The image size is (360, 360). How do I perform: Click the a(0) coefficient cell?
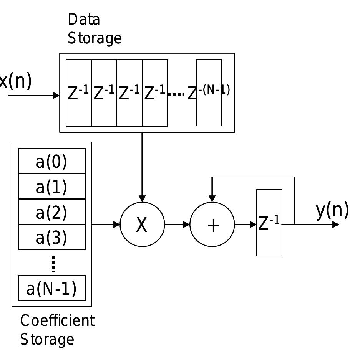click(52, 161)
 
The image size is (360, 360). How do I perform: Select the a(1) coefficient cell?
click(52, 187)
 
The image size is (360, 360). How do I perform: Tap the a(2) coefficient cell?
click(52, 212)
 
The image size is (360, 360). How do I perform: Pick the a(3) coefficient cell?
click(52, 237)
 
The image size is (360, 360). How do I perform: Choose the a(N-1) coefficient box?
click(52, 288)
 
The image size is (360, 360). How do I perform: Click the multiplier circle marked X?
click(142, 225)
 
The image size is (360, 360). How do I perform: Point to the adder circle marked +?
click(212, 225)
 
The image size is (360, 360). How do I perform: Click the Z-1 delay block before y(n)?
click(269, 223)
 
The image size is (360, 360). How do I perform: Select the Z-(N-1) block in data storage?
click(209, 92)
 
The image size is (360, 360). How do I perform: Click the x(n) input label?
click(15, 81)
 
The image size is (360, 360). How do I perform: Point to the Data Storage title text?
click(94, 29)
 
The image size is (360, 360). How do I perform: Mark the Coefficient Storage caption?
click(57, 330)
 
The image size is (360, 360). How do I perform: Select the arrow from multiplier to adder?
click(177, 225)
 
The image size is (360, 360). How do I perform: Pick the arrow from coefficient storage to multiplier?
click(106, 225)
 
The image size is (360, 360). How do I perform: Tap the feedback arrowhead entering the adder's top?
click(212, 198)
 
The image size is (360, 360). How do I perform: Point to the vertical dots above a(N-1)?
click(53, 264)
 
